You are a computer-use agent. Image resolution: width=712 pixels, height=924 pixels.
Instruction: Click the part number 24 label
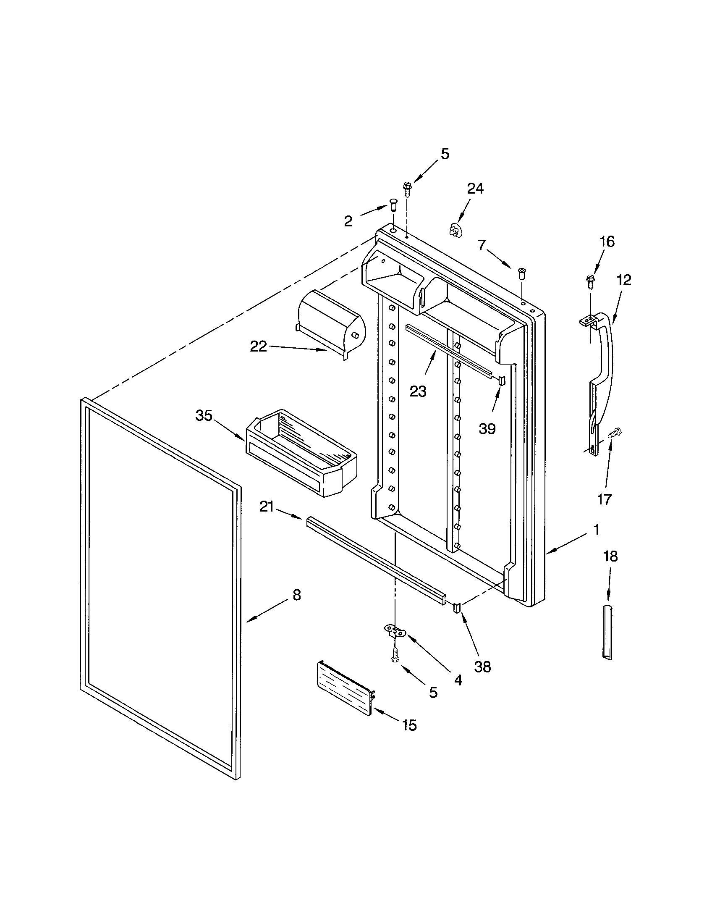(x=475, y=189)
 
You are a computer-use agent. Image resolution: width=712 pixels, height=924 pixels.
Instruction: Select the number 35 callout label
(x=203, y=416)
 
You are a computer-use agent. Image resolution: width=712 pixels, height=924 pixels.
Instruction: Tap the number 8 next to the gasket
(x=297, y=595)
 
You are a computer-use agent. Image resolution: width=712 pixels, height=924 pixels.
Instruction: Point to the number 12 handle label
(x=624, y=280)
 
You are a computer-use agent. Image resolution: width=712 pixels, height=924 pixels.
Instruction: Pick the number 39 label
(x=487, y=429)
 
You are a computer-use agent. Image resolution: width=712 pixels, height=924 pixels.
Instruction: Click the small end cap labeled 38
(x=457, y=608)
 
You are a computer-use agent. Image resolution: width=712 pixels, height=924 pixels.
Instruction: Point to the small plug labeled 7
(x=522, y=273)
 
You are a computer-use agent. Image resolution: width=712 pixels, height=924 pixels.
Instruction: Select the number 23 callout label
(x=418, y=392)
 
